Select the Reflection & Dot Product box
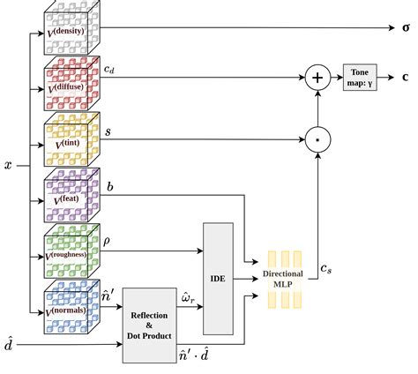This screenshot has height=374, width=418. click(x=150, y=324)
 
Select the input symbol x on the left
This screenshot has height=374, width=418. click(x=8, y=164)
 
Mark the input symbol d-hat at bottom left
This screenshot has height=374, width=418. click(x=9, y=346)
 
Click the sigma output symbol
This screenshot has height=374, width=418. click(x=406, y=27)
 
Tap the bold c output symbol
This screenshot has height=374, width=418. click(x=406, y=78)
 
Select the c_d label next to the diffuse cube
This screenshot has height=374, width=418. click(x=109, y=70)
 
